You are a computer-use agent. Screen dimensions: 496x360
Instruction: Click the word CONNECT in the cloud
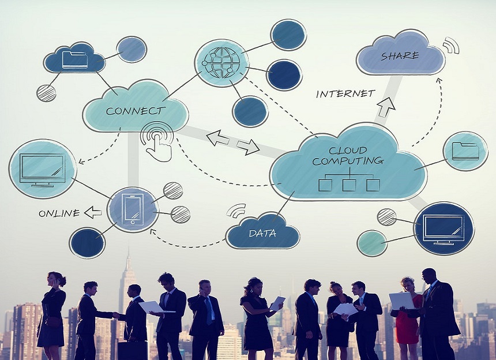136,111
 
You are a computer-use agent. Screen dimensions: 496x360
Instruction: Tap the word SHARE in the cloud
400,56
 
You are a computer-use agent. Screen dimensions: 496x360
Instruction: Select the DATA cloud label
262,234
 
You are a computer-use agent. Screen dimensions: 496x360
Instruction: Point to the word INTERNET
345,93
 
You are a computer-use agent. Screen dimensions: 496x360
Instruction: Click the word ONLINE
59,213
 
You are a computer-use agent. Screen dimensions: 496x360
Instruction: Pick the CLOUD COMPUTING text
348,156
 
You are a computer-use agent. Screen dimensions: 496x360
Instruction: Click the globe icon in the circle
221,63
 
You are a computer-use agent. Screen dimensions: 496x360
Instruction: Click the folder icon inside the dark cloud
75,59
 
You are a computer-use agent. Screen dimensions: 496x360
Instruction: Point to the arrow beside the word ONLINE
93,212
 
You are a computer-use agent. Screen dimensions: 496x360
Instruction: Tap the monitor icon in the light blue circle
42,170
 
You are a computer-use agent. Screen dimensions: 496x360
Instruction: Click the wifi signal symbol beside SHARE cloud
452,45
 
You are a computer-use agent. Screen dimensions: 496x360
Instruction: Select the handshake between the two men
116,315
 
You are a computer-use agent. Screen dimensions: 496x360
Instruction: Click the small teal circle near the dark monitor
372,243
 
